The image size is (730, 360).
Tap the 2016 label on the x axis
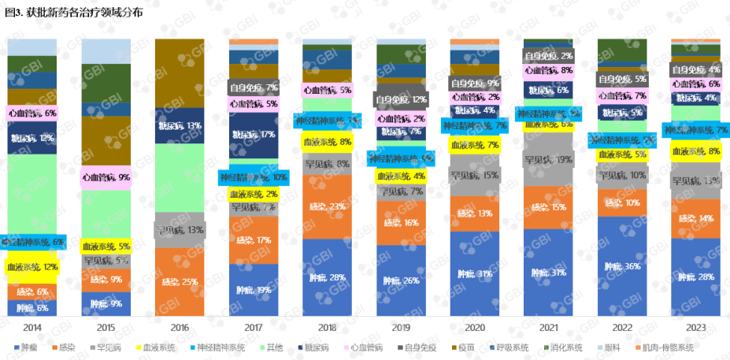pos(180,326)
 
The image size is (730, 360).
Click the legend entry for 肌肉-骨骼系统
pos(669,347)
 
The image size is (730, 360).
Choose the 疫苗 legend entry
pos(467,347)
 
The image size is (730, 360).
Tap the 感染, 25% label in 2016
pos(180,281)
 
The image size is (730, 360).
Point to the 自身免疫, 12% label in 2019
pos(401,100)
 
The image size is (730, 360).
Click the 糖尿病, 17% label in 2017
pos(254,134)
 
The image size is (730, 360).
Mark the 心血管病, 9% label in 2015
pos(106,177)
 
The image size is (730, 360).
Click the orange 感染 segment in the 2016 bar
pos(180,268)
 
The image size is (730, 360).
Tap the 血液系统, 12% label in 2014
pos(32,267)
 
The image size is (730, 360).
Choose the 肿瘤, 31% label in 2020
pos(475,274)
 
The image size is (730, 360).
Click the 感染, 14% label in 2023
pos(696,218)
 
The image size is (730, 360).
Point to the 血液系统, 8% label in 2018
pos(328,143)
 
